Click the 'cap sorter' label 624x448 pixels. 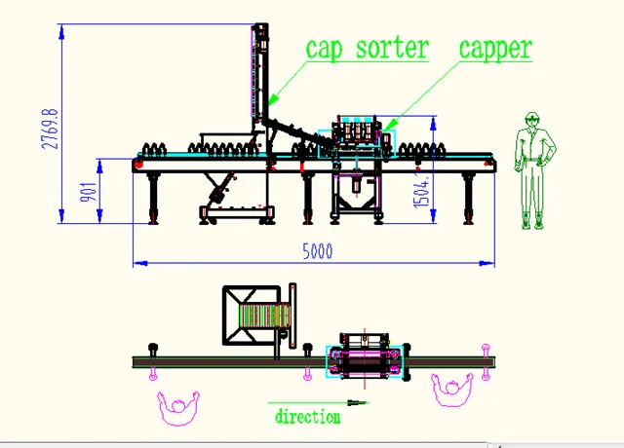(367, 48)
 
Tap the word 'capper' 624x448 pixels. (495, 47)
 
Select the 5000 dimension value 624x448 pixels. (317, 251)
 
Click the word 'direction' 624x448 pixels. (307, 417)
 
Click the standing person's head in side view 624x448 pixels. (531, 121)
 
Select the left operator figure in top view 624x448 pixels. (177, 407)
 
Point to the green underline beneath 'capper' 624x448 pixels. (496, 63)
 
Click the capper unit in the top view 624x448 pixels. (364, 359)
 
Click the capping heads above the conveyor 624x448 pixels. (357, 132)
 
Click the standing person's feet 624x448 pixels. (531, 223)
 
